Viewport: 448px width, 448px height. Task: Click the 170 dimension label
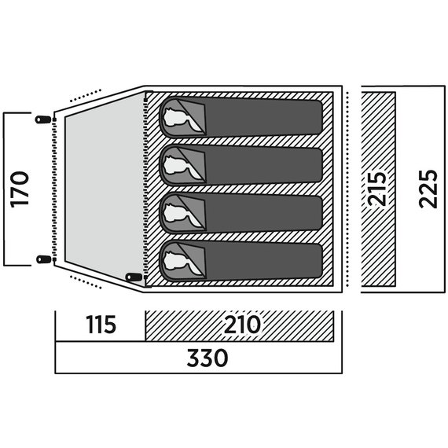tap(20, 189)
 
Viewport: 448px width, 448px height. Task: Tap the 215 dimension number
tap(376, 189)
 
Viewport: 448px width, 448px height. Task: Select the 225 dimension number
tap(428, 189)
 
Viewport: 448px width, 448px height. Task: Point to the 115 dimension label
tap(101, 325)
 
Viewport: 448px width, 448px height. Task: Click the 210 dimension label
tap(242, 325)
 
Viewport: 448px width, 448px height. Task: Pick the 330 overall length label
tap(207, 358)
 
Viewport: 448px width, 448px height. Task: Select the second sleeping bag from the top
tap(241, 165)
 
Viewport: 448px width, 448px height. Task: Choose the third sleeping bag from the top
tap(241, 213)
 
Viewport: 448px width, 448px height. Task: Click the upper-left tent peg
tap(43, 119)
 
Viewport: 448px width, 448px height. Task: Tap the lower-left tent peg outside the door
tap(44, 259)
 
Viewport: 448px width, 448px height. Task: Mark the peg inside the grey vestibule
tap(134, 277)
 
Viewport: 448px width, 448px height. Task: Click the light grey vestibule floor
tap(105, 189)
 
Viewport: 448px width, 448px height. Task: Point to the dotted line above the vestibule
tap(86, 95)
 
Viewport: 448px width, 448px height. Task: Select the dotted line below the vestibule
tap(86, 282)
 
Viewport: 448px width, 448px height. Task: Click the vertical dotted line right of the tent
tap(347, 189)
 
